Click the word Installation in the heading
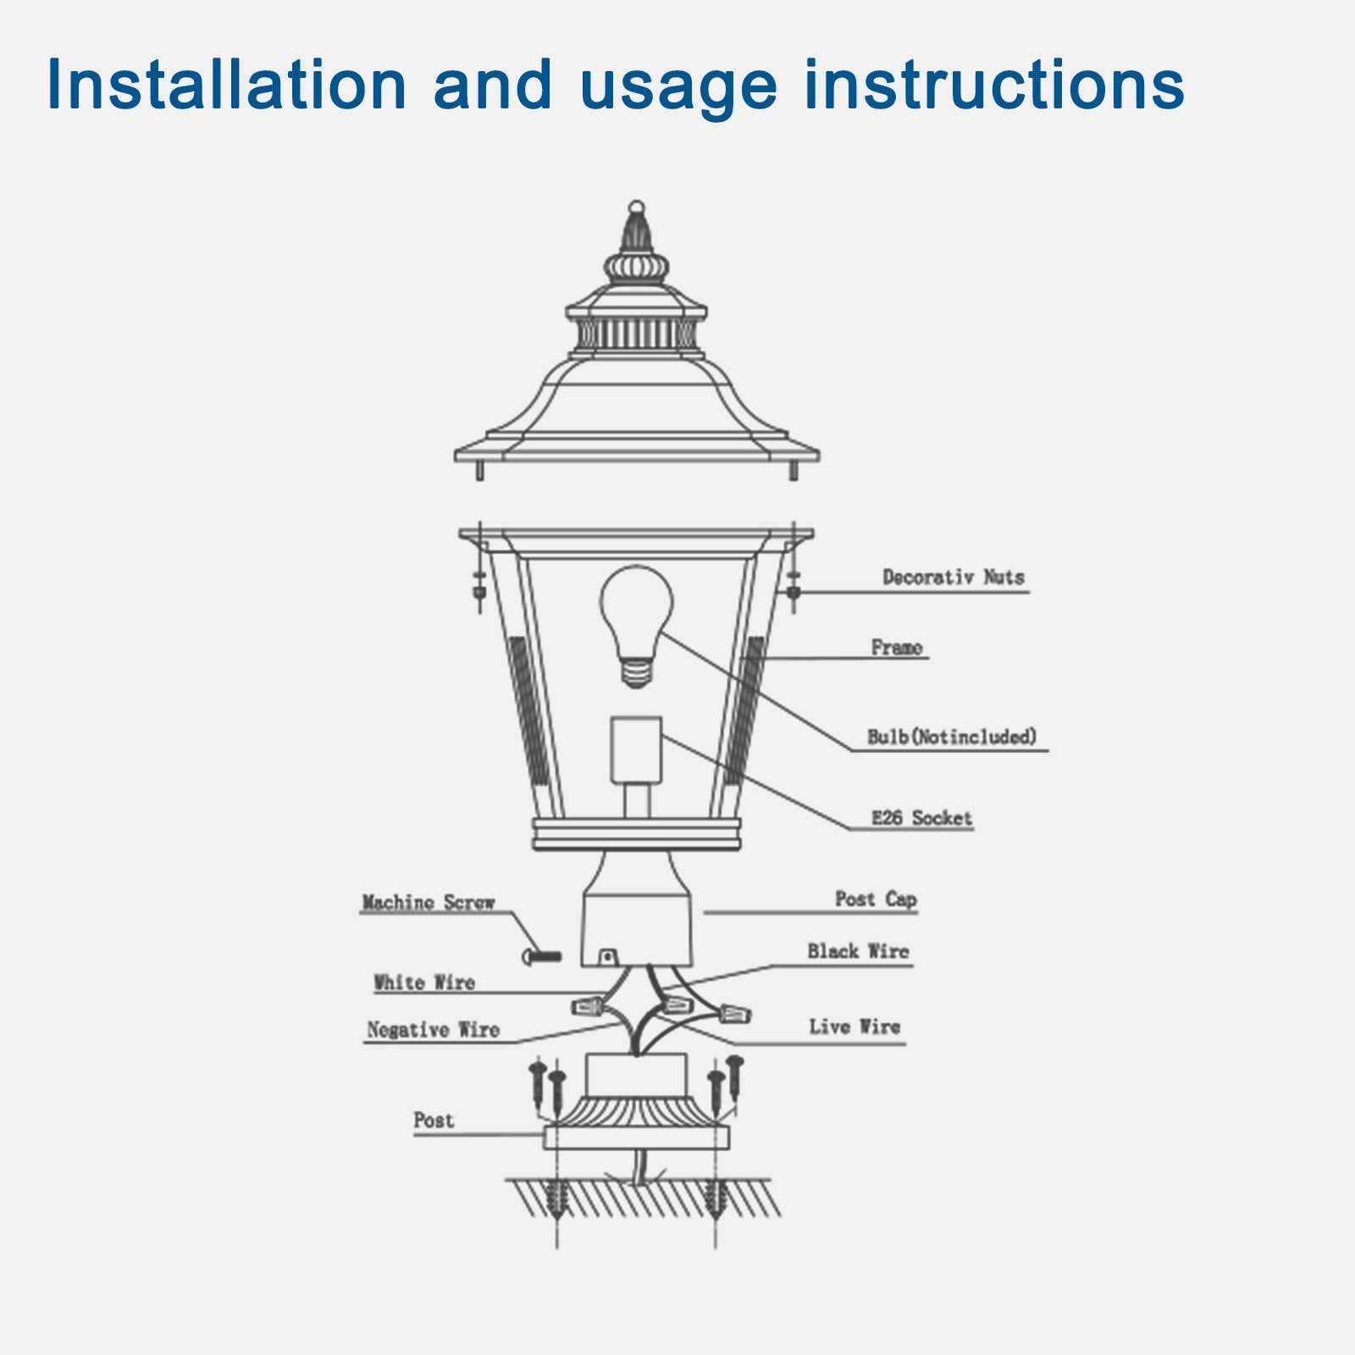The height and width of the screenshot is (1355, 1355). [226, 85]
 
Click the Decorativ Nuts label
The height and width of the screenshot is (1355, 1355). [953, 578]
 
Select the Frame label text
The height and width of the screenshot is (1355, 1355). [896, 648]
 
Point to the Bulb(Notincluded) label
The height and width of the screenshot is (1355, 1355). [951, 737]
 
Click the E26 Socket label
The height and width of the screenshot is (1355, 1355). [921, 818]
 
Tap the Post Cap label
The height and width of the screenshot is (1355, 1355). [876, 899]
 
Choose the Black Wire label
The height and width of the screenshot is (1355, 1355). [857, 951]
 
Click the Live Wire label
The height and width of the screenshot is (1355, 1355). [854, 1026]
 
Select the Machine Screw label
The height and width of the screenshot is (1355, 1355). [428, 903]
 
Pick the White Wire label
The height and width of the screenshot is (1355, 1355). [423, 982]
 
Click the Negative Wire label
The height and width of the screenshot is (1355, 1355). [433, 1030]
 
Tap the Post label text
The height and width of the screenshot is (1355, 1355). [434, 1120]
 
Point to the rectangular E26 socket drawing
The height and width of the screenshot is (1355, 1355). [636, 749]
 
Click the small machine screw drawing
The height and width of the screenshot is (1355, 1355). [542, 957]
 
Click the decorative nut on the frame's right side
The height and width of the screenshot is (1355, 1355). [794, 586]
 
